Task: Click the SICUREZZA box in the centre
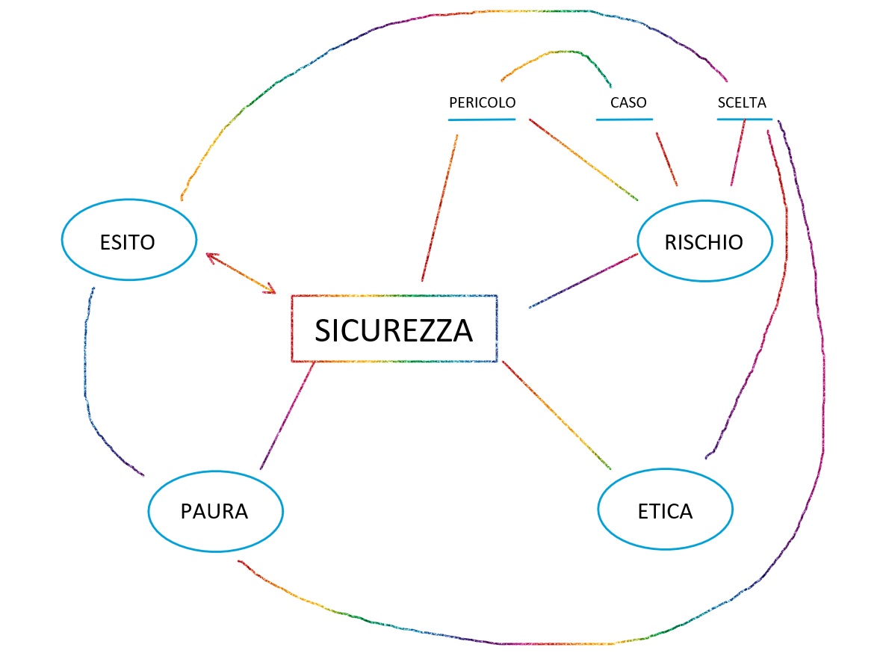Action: [x=394, y=329]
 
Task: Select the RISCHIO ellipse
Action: [x=704, y=241]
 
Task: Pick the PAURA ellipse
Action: [x=215, y=512]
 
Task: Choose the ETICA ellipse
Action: [x=665, y=512]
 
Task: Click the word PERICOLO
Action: [x=483, y=102]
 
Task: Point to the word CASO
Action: [x=628, y=102]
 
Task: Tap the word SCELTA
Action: [x=742, y=102]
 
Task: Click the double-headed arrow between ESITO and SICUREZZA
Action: [x=241, y=273]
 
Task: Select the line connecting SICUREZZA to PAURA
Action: [x=287, y=416]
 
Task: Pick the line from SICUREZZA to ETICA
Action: [x=557, y=415]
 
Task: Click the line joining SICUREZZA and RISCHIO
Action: [x=583, y=280]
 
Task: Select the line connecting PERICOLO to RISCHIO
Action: [x=583, y=159]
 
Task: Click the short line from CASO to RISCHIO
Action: [x=666, y=159]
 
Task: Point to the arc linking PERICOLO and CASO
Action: [x=557, y=53]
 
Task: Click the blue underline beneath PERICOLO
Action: [x=483, y=119]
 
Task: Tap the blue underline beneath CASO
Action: [x=625, y=119]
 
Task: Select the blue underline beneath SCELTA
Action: [x=743, y=119]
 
